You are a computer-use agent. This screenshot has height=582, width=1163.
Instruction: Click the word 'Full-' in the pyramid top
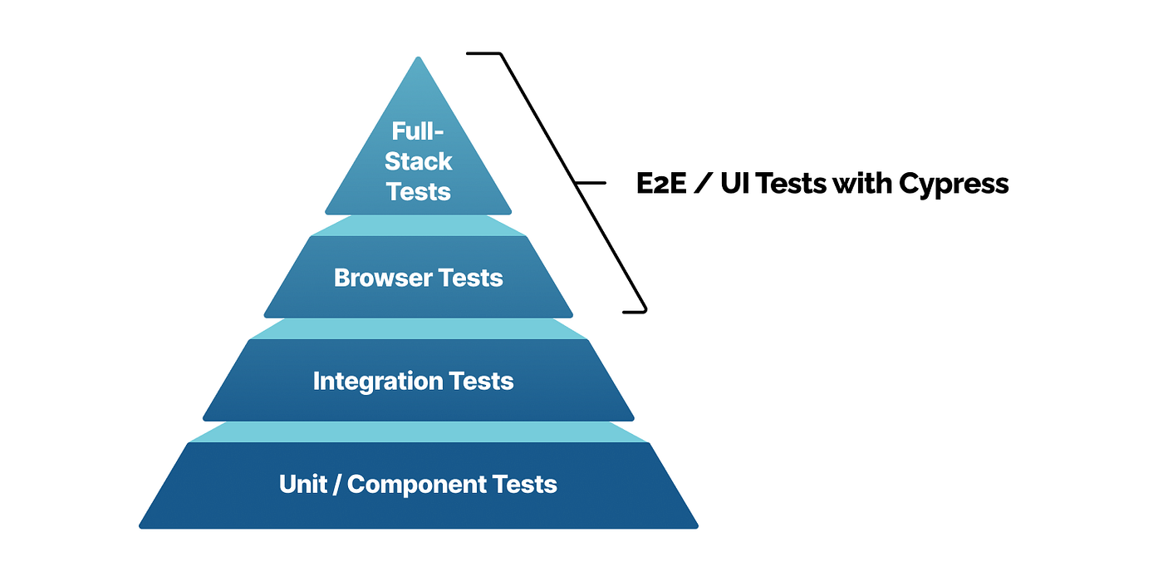pyautogui.click(x=418, y=131)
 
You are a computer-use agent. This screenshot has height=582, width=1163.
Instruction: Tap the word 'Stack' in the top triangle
pyautogui.click(x=418, y=161)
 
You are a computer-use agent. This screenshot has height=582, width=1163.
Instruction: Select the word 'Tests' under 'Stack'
pyautogui.click(x=418, y=191)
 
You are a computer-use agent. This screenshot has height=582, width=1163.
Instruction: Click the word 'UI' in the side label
pyautogui.click(x=734, y=183)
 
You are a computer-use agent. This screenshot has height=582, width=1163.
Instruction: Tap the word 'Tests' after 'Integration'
pyautogui.click(x=483, y=381)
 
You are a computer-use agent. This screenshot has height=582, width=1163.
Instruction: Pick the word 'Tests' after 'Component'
pyautogui.click(x=526, y=484)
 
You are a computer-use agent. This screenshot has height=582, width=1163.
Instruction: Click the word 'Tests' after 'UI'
pyautogui.click(x=793, y=183)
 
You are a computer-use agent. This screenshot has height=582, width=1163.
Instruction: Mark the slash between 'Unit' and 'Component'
pyautogui.click(x=336, y=485)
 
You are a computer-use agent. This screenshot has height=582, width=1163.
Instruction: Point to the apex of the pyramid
pyautogui.click(x=419, y=58)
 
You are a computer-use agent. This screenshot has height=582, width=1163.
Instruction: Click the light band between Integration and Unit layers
pyautogui.click(x=419, y=432)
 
